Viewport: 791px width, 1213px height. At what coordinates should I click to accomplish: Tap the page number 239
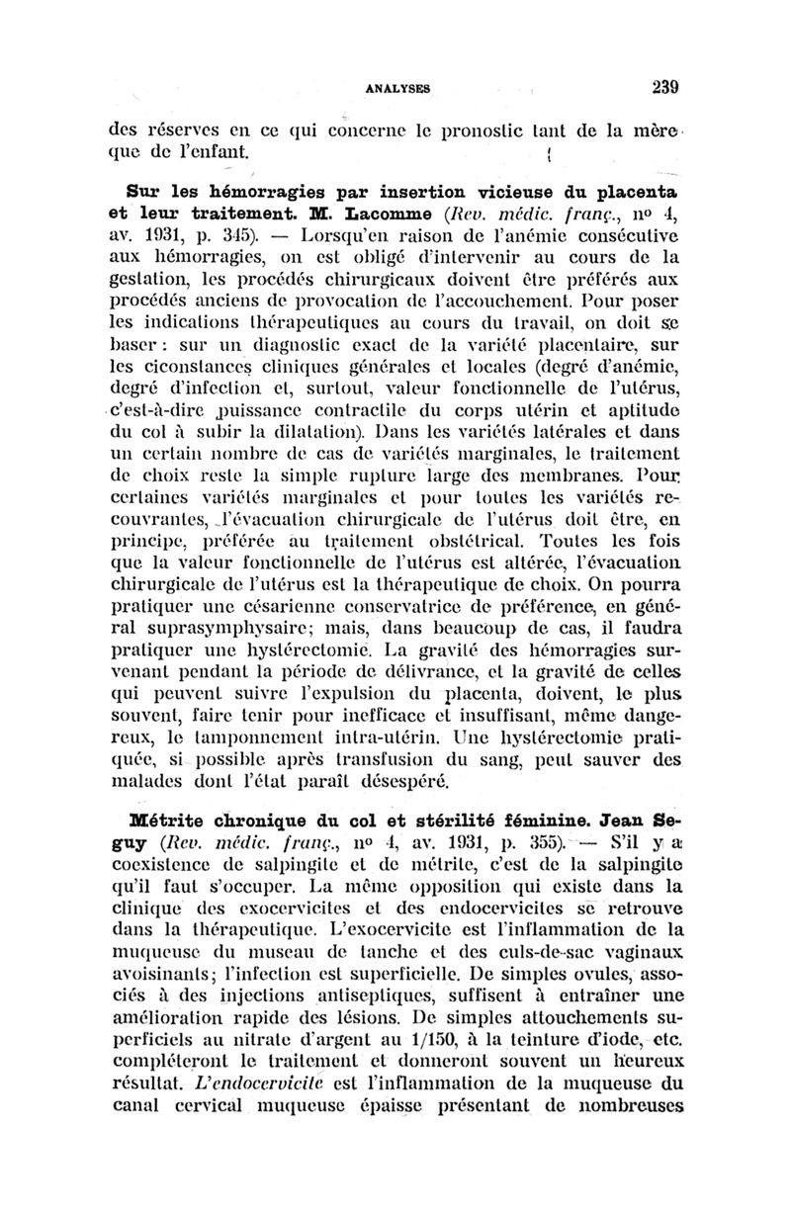(x=667, y=86)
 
